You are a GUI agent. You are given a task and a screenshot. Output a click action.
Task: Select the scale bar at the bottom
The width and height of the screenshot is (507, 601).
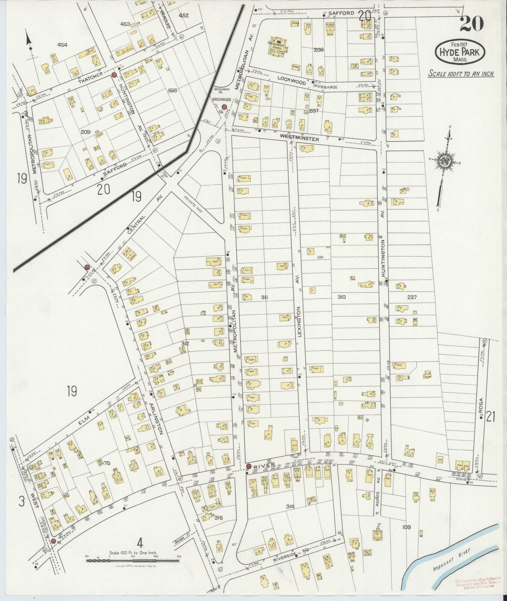pyautogui.click(x=133, y=560)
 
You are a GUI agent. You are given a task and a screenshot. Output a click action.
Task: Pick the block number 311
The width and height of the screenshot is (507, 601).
pyautogui.click(x=264, y=297)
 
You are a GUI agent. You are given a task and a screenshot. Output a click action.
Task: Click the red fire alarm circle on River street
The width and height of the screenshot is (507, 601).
pyautogui.click(x=249, y=466)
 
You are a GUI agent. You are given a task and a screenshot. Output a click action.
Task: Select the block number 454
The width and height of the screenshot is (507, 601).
pyautogui.click(x=62, y=45)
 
